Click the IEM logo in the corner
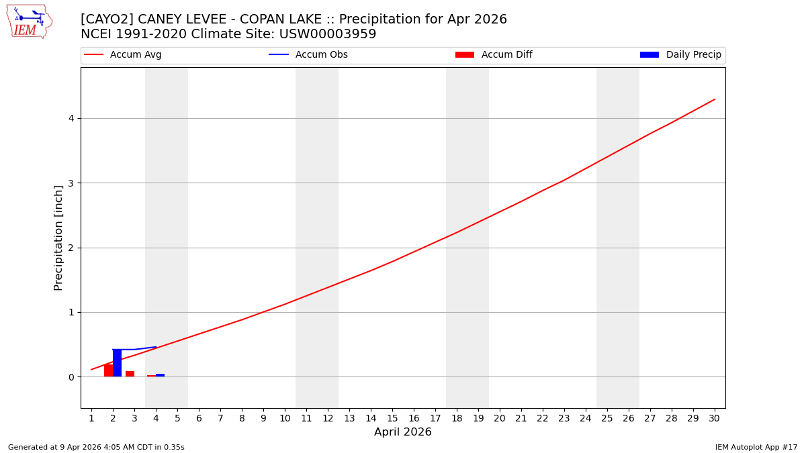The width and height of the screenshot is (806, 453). point(29,21)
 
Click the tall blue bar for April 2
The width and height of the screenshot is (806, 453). point(117,363)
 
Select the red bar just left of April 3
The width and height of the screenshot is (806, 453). point(130,374)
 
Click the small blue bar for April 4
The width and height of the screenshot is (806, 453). point(160,375)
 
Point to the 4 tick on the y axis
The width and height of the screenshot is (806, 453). point(70,118)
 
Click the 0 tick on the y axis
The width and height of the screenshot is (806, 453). point(70,377)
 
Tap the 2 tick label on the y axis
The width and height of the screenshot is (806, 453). point(70,248)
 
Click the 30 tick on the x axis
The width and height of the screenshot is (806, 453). point(714,418)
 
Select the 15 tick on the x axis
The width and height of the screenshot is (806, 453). point(392,418)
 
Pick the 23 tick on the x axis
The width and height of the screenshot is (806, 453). point(564,418)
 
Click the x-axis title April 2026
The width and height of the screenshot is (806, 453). point(403,432)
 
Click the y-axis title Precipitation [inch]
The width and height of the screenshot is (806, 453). point(58,238)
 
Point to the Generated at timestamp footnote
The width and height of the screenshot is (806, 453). point(96,447)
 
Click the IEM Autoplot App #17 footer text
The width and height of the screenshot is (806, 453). point(756,447)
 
